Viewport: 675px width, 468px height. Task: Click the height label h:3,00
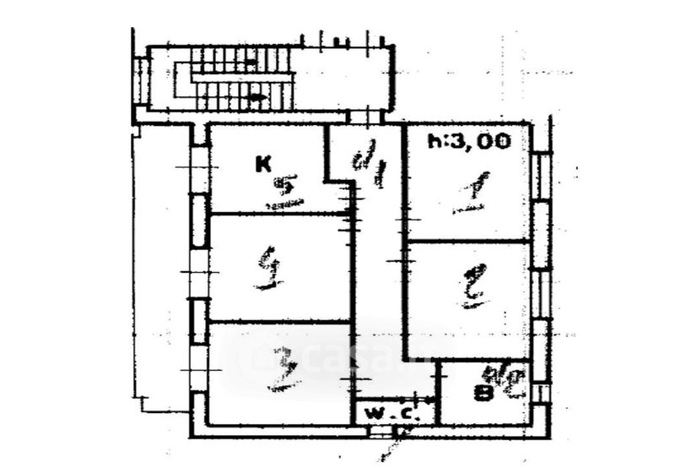click(x=469, y=141)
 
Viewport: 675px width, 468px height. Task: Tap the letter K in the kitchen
click(x=264, y=166)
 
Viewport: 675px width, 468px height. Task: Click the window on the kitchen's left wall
click(x=199, y=169)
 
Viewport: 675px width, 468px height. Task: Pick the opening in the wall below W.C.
click(x=385, y=432)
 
